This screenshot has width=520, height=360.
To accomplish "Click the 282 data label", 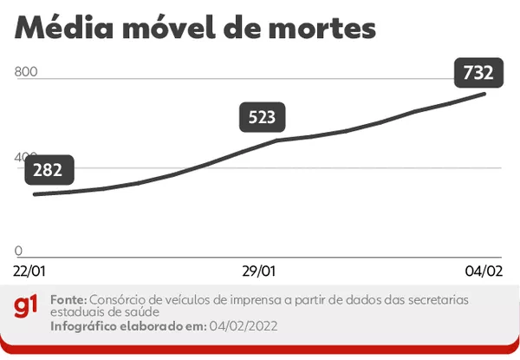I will [x=49, y=170].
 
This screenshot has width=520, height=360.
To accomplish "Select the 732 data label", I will [x=478, y=74].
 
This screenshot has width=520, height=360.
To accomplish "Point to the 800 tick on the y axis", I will [x=26, y=72].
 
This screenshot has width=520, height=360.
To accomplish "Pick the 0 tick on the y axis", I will [x=18, y=251].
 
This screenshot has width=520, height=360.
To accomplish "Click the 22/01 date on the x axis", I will [x=29, y=272].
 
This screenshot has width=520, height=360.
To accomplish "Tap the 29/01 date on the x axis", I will [x=260, y=272].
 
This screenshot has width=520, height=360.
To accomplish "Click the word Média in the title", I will [x=65, y=28].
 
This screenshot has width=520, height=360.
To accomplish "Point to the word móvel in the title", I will [x=185, y=28].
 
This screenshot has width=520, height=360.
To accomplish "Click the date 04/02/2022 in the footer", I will [x=244, y=326].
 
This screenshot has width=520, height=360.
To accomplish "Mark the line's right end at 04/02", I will [x=484, y=92].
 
